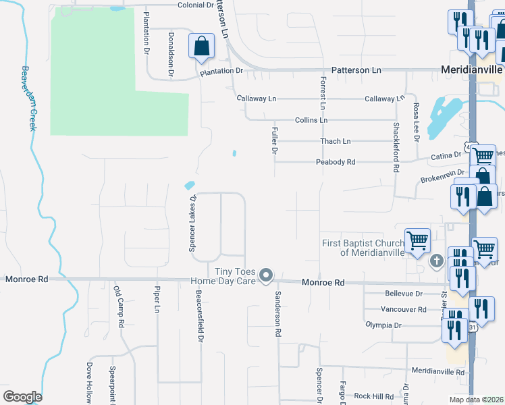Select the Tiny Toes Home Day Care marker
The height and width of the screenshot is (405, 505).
(x=266, y=275)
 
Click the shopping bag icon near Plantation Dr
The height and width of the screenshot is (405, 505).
(x=201, y=47)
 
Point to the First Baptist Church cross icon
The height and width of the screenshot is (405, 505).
(x=437, y=261)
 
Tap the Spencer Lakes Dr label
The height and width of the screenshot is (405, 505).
(x=192, y=223)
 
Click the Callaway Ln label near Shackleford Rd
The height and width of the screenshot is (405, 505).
(x=384, y=99)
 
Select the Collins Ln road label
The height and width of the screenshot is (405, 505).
(x=311, y=119)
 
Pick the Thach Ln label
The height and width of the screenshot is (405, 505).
(x=336, y=141)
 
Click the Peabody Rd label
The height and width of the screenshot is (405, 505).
(x=336, y=162)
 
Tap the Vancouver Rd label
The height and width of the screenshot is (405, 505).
(x=404, y=309)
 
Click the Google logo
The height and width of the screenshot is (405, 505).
(x=22, y=397)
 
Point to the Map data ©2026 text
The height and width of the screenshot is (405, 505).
(x=477, y=399)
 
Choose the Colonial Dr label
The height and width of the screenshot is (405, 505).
(x=196, y=5)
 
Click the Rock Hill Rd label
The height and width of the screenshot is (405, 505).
(x=373, y=396)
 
